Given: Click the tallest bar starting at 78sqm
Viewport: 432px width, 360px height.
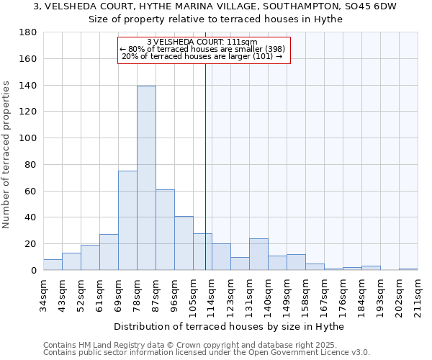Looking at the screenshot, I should [146, 178].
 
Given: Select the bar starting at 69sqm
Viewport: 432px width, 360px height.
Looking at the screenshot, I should [127, 220].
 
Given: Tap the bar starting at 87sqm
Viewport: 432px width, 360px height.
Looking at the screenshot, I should [165, 230].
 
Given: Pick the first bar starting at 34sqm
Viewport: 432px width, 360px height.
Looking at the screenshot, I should [53, 264].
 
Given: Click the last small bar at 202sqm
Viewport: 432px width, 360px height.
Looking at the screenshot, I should [408, 269].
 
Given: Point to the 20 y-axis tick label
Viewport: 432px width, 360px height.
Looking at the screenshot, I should [32, 244].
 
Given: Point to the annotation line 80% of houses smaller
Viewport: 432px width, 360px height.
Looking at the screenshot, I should [202, 49].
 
